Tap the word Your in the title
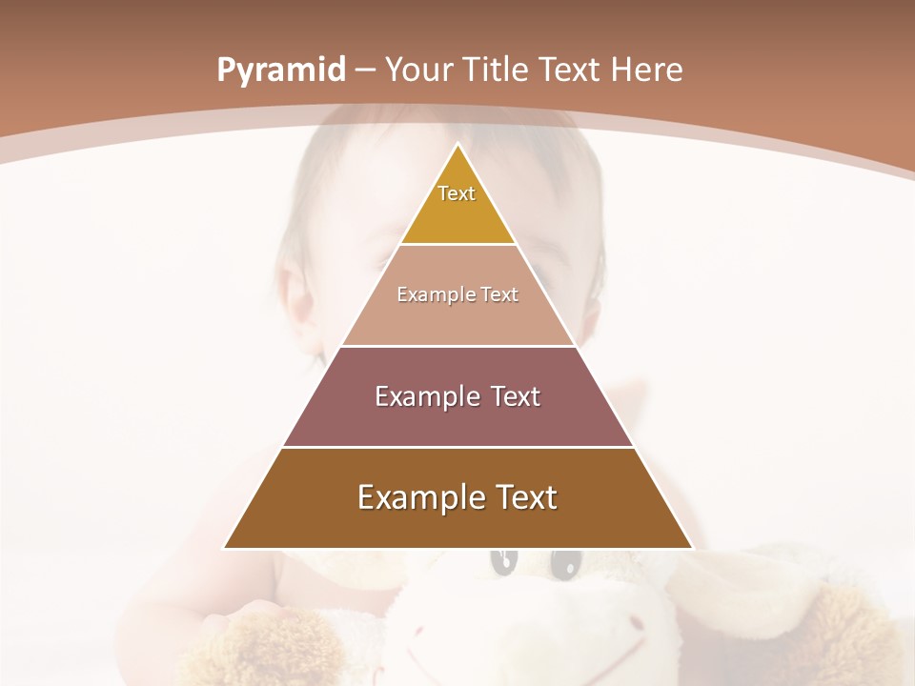click(418, 70)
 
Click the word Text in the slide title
click(569, 70)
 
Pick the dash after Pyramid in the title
click(365, 71)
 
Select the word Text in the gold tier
click(457, 193)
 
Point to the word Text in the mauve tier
click(512, 396)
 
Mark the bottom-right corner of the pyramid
click(692, 548)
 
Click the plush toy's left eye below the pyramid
click(502, 562)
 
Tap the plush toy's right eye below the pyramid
click(565, 564)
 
